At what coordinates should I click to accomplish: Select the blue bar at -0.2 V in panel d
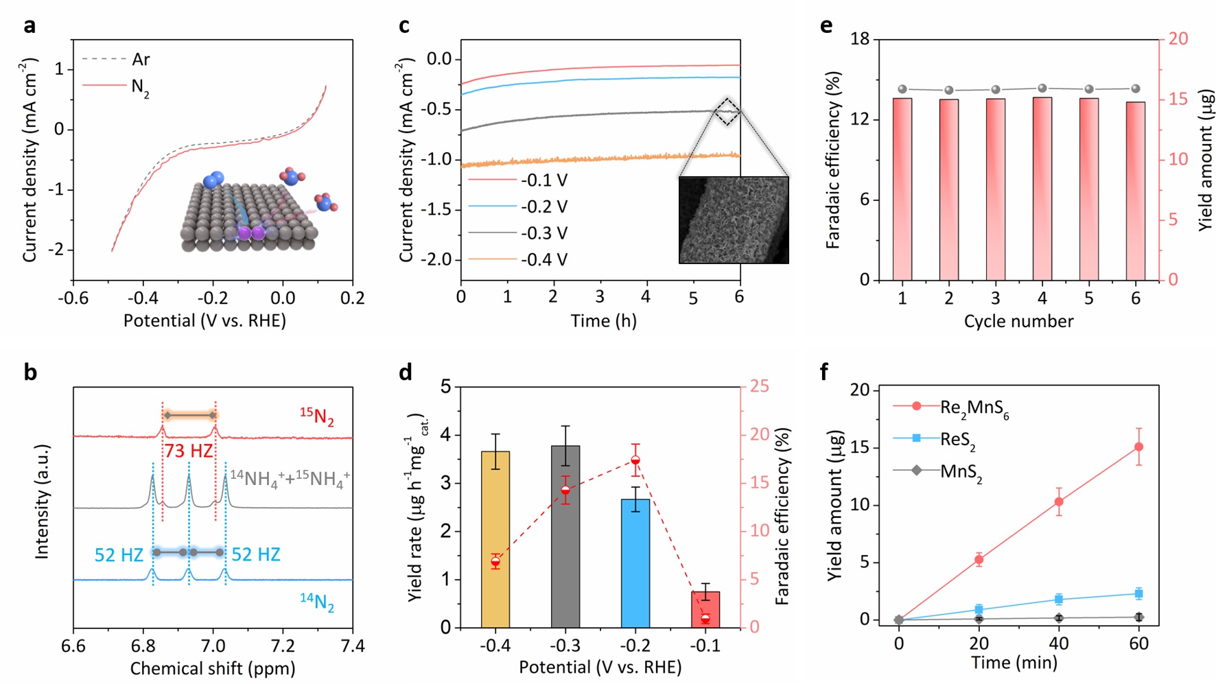coord(635,563)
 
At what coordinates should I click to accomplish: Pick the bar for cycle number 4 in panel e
coord(1042,189)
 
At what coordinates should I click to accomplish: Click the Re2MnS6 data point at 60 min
coord(1139,447)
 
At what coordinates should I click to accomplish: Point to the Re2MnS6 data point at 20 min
coord(979,559)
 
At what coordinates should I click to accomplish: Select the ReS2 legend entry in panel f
coord(957,440)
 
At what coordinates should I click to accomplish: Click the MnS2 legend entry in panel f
coord(961,472)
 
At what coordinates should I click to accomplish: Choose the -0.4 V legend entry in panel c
coord(544,260)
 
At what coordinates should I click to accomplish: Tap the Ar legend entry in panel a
coord(141,60)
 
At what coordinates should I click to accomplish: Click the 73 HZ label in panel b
coord(188,451)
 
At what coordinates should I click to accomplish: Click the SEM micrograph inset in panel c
coord(734,220)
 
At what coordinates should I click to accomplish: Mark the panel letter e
coord(826,26)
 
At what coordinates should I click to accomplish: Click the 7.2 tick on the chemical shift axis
coord(283,646)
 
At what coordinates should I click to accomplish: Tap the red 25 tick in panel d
coord(759,386)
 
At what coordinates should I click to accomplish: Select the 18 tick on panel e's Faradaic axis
coord(860,39)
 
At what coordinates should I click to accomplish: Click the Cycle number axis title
coord(1018,321)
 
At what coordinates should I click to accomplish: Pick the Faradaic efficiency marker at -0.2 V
coord(635,460)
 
